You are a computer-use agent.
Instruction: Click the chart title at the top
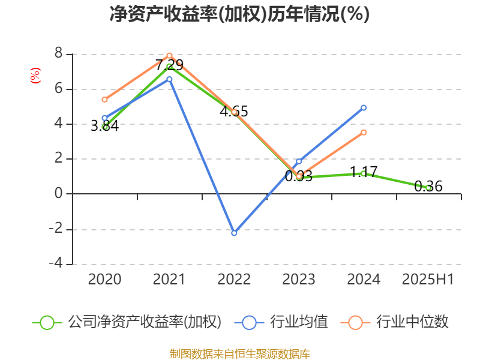pos(239,14)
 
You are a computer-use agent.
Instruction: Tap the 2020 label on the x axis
pos(104,280)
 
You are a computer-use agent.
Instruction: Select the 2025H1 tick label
pos(428,280)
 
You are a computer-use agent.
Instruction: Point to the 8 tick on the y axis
pos(58,54)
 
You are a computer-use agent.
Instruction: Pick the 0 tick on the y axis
pos(58,194)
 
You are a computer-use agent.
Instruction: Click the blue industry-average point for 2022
pos(234,233)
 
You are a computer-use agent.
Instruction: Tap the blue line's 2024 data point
pos(364,107)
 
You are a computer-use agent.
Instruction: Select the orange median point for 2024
pos(364,132)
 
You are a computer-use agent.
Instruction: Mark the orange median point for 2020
pos(104,100)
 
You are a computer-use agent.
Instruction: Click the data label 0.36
pos(428,187)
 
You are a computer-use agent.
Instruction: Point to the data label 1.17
pos(364,172)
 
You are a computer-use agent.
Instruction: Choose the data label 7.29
pos(169,65)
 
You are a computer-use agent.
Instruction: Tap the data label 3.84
pos(104,126)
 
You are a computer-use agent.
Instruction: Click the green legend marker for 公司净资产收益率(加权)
pos(47,322)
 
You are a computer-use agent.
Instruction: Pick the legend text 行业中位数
pos(412,322)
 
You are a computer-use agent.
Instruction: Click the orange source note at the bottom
pos(239,353)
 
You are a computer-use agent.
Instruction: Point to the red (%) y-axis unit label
pos(35,76)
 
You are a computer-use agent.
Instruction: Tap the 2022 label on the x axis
pos(234,280)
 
